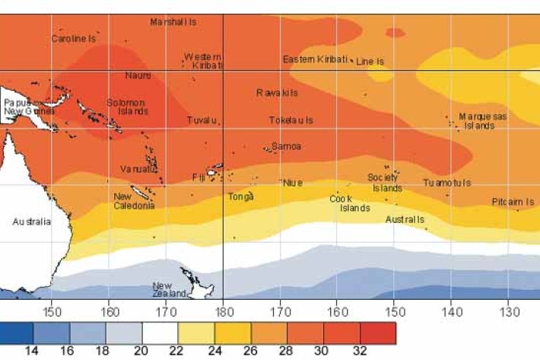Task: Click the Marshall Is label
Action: click(173, 22)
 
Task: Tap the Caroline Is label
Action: click(74, 38)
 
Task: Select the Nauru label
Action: click(138, 75)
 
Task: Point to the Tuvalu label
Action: click(204, 120)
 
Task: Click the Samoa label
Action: click(286, 146)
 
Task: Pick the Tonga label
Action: click(241, 196)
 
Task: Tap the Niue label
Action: click(293, 183)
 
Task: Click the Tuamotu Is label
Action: click(447, 183)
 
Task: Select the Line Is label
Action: click(370, 61)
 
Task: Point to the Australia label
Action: click(31, 222)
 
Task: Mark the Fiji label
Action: click(199, 177)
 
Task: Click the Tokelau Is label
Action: click(291, 120)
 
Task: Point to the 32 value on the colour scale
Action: click(360, 351)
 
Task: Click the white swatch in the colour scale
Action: click(160, 333)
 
